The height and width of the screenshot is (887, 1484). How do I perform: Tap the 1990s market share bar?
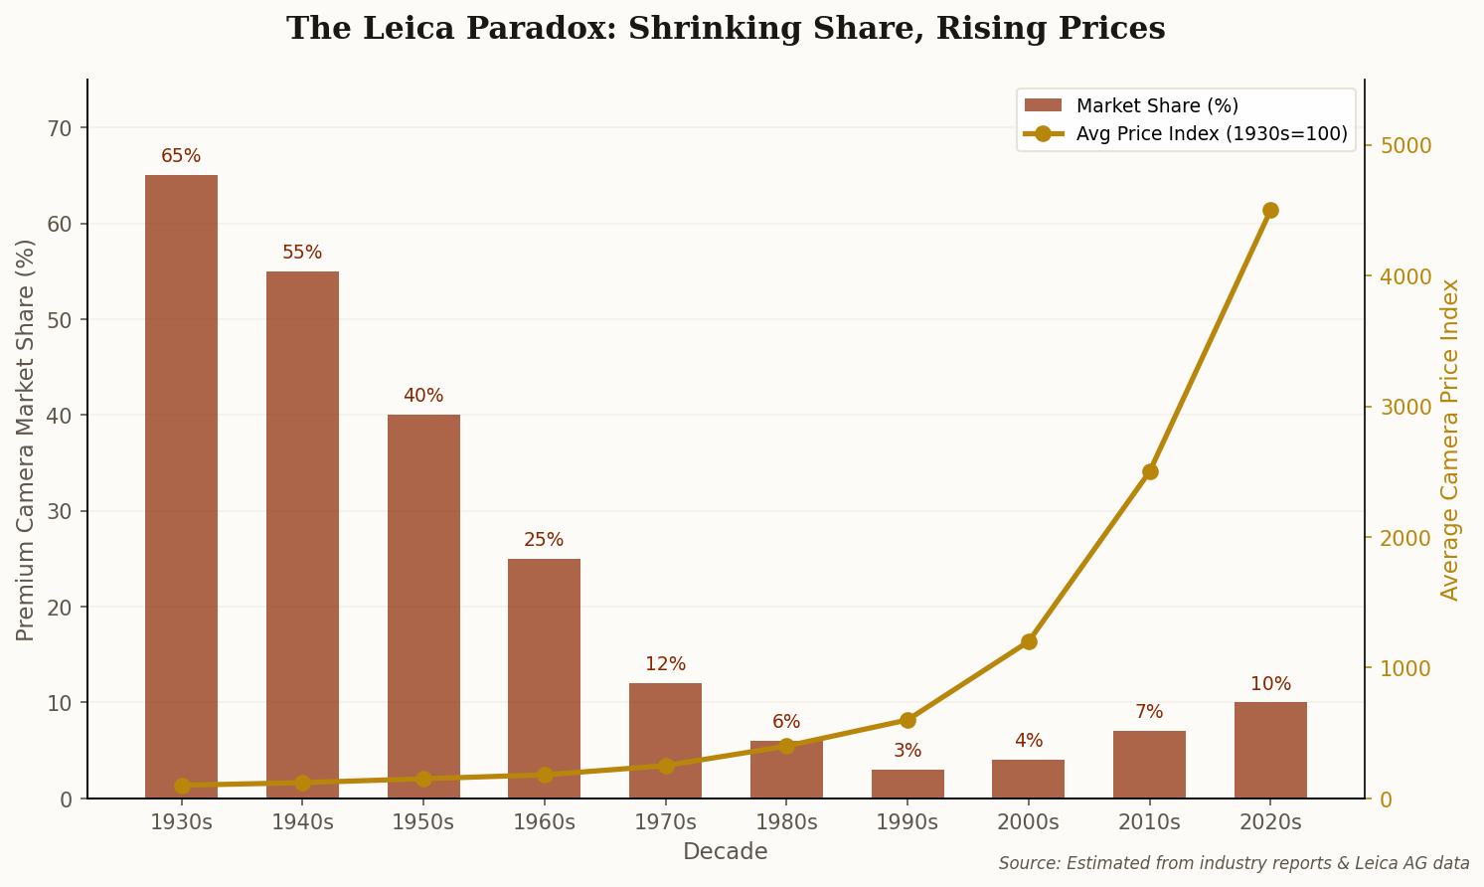(x=907, y=784)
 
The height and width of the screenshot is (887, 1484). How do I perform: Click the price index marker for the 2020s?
(x=1270, y=211)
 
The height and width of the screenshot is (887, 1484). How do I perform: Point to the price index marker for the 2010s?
(x=1150, y=471)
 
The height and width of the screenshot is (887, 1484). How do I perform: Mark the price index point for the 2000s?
(x=1029, y=641)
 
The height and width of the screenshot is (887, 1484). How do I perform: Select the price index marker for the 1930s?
(x=182, y=786)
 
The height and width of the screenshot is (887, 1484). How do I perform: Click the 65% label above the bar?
(x=181, y=156)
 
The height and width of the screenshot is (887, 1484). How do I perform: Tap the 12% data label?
(x=665, y=664)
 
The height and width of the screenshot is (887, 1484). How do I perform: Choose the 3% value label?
(x=907, y=751)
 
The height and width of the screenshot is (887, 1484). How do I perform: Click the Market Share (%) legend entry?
(x=1157, y=106)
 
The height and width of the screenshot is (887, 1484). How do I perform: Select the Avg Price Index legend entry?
(x=1211, y=134)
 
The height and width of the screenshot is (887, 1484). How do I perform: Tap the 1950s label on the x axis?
(x=423, y=822)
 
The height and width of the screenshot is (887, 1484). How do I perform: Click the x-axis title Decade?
(x=725, y=852)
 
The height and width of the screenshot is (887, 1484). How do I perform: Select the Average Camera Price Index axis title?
(x=1450, y=440)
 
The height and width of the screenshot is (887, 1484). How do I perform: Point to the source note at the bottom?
(x=1234, y=863)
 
